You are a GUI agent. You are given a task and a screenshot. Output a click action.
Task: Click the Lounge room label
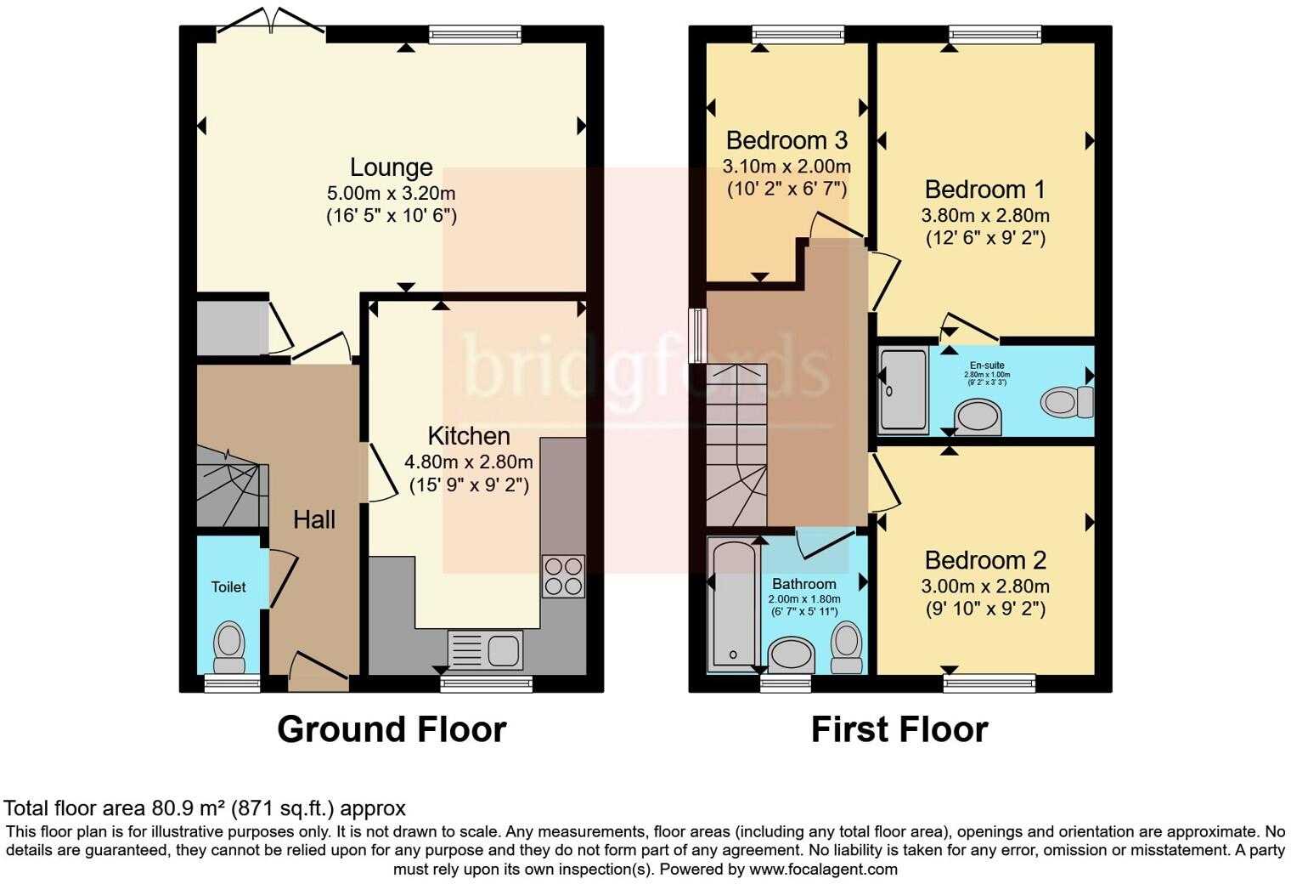coord(391,167)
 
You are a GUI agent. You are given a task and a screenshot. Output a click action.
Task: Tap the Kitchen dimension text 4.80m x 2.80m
coord(468,462)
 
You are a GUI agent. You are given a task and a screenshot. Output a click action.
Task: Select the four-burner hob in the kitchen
coord(563,575)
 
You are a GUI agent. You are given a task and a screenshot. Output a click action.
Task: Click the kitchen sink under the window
coord(485,651)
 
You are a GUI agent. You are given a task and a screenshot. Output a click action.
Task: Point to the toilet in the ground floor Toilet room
coord(228,645)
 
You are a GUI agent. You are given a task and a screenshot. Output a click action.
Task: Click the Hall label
coord(314,520)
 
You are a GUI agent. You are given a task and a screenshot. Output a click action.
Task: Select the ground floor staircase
coord(230,493)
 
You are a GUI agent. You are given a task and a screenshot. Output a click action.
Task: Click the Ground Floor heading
coord(392,730)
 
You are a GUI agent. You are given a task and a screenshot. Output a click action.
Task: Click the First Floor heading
coord(899,730)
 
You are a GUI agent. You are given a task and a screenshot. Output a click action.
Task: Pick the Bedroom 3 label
coord(786,140)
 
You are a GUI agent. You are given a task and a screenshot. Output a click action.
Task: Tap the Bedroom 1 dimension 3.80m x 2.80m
coord(985,215)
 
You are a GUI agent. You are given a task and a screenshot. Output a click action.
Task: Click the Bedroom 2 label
coord(985,561)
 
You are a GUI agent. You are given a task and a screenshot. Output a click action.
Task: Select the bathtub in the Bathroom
coord(733,603)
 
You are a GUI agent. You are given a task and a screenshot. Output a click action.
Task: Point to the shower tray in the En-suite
coord(904,389)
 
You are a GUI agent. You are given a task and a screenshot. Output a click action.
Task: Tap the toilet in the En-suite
coord(1068,401)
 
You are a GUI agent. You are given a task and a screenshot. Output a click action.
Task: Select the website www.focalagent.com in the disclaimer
coord(822,870)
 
